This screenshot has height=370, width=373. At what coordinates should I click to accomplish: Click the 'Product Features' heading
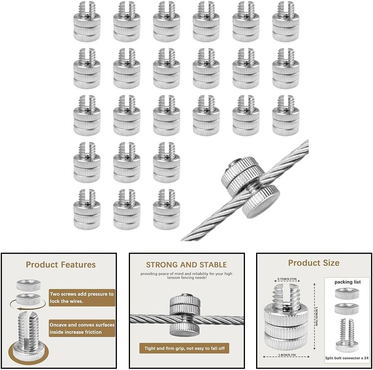coord(60,265)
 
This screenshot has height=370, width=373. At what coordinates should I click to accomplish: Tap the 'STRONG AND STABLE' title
coord(186,265)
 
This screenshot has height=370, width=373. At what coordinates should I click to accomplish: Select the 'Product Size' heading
coord(313,263)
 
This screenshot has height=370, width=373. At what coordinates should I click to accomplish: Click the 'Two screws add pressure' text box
coord(82,298)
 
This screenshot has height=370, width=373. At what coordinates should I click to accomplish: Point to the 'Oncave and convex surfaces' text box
coord(82,328)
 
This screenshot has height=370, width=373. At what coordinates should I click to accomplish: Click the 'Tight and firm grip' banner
coord(184,348)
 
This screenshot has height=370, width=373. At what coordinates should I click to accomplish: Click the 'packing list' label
coord(347,282)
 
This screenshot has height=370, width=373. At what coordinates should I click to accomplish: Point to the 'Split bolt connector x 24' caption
coord(347,357)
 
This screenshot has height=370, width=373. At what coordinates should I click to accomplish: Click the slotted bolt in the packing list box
coord(347,334)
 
